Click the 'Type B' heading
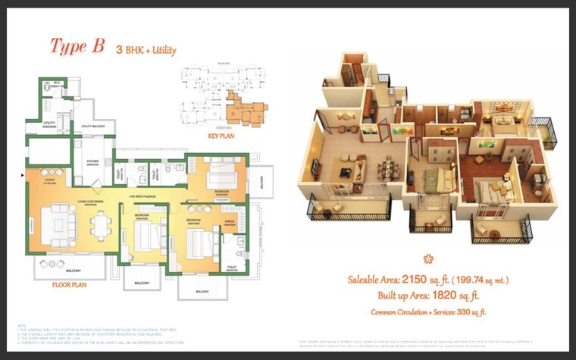pos(77,46)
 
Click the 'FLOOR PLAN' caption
pos(72,286)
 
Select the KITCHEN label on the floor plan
pos(93,161)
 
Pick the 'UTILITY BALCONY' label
pos(92,127)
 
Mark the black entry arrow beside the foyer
pos(22,174)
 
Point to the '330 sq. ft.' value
pos(471,311)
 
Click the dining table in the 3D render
pos(387,165)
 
